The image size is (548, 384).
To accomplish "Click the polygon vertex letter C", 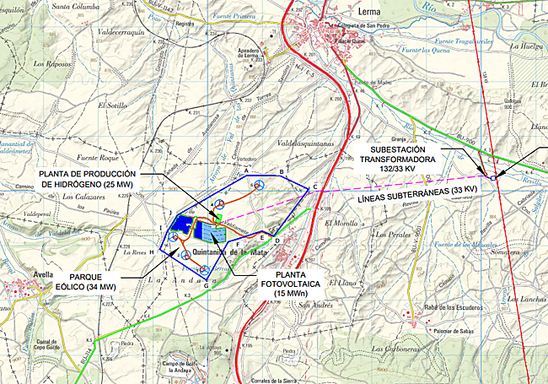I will coord(314,187).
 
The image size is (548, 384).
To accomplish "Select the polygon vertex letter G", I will coord(206,285).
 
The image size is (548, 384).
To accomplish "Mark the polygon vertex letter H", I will coord(152,251).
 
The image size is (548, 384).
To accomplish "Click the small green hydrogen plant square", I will coord(218,218).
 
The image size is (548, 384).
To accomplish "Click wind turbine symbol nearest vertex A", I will coord(261,184).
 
